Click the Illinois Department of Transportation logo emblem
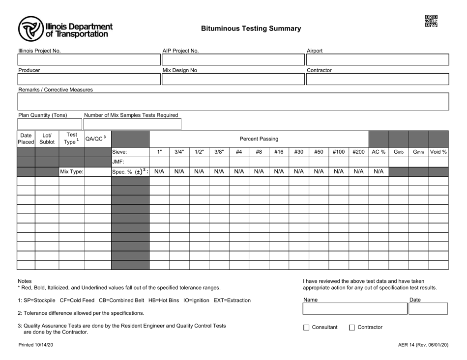30,28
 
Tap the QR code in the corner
431,21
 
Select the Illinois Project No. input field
89,60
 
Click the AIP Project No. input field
233,60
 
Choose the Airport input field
378,60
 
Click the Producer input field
89,80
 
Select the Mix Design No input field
233,80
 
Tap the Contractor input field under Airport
378,80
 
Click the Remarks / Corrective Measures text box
233,102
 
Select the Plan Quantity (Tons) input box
50,124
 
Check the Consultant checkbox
307,328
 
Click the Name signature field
354,309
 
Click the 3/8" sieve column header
219,152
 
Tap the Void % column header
438,152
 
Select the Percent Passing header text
259,139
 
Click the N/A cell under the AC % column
378,172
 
